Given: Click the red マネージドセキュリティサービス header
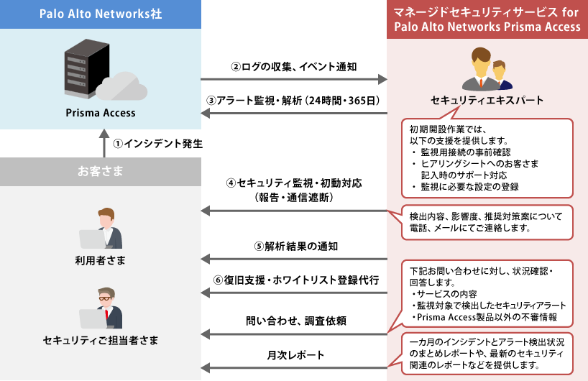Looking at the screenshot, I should [x=487, y=19].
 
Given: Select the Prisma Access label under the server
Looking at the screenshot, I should [x=101, y=113].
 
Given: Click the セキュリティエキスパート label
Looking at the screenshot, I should [x=487, y=100].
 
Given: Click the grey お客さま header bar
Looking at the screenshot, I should [x=100, y=171].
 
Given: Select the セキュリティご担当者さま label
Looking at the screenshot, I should [x=101, y=339].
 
